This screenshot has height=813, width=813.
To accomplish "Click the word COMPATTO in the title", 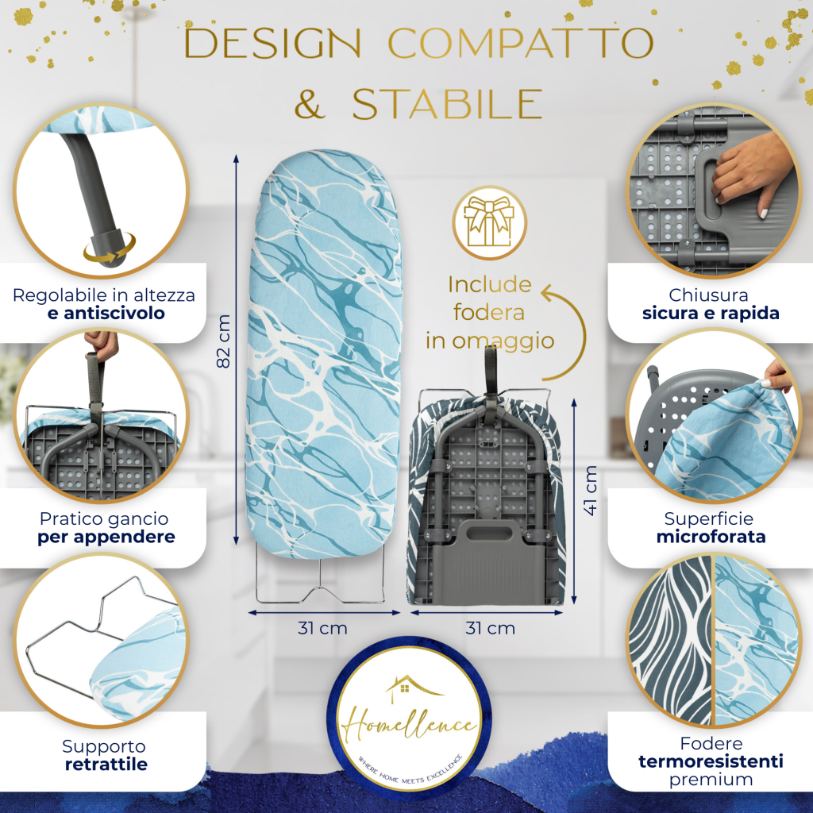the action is [x=521, y=43].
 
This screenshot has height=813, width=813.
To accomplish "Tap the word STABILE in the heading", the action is [x=448, y=104].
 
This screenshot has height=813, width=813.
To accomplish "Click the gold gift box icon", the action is [x=489, y=222].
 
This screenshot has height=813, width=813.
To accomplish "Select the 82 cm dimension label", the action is [x=223, y=341].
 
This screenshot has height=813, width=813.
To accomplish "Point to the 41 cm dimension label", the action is [x=590, y=491].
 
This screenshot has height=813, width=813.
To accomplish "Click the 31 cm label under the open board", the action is [x=322, y=629].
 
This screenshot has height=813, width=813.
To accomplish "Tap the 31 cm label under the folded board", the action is [x=491, y=629].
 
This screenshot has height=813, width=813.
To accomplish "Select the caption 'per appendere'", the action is [x=106, y=538].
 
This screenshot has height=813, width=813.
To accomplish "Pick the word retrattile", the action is [x=106, y=765].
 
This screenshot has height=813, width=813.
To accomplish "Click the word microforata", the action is [x=711, y=537].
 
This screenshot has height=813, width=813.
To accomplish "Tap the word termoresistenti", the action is [x=711, y=761].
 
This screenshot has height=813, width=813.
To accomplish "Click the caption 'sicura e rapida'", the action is [x=711, y=313].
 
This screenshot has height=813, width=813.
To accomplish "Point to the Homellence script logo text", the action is [x=409, y=723].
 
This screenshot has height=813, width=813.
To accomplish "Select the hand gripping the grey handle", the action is [x=750, y=174].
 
